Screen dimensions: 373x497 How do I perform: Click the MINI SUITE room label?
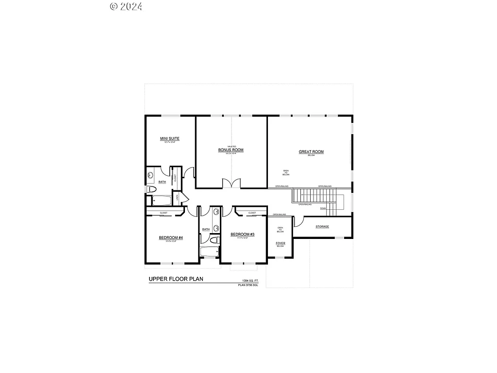point(170,139)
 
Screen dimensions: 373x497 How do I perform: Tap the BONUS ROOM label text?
point(231,150)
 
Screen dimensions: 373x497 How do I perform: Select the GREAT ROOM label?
point(311,152)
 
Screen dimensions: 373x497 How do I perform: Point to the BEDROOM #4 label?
point(170,237)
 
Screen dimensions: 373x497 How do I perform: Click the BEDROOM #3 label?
point(242,234)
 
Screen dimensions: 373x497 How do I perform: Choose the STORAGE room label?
point(322,227)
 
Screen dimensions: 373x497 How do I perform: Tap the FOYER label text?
point(281,243)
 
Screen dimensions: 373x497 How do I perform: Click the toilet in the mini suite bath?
point(150,188)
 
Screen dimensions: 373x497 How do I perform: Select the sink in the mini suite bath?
point(150,175)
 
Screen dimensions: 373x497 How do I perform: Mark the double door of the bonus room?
point(231,183)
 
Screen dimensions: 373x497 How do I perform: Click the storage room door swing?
point(298,221)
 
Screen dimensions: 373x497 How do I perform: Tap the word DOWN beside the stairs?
point(323,208)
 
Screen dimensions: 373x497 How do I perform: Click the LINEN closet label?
point(178,197)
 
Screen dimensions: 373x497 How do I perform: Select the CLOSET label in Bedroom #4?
point(164,213)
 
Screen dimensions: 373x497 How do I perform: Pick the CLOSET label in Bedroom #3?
point(252,213)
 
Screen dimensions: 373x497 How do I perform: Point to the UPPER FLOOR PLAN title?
point(176,279)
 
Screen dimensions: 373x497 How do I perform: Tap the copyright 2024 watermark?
point(126,6)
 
